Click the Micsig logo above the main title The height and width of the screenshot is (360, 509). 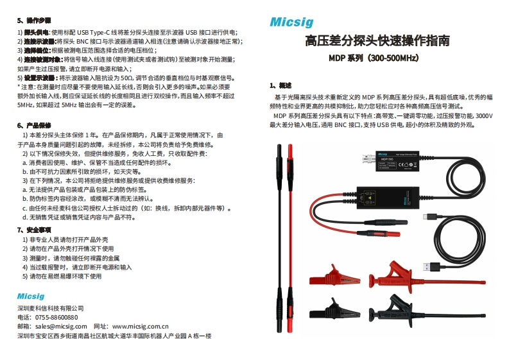pos(291,22)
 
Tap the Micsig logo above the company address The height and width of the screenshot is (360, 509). pos(31,296)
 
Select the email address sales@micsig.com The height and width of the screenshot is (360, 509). pos(60,326)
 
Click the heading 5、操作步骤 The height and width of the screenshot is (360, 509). pos(34,21)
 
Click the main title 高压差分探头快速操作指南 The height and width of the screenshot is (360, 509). pos(377,41)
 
